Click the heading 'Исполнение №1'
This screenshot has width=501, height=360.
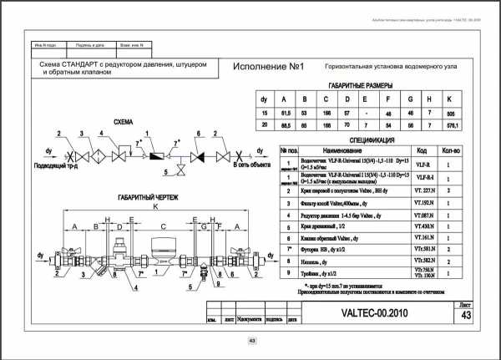[x=270, y=67]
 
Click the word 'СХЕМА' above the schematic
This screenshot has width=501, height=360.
[x=123, y=120]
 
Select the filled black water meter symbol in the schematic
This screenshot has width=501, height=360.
[x=154, y=155]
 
